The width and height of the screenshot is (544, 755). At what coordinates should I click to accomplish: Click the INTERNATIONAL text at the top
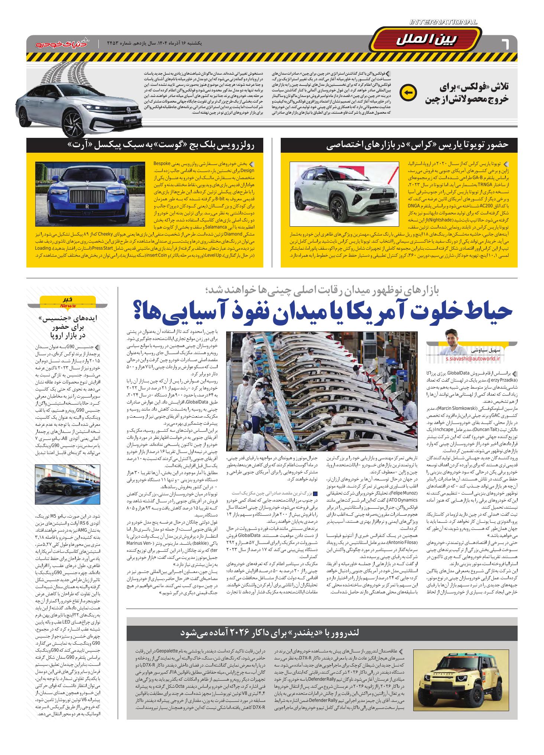[443, 22]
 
